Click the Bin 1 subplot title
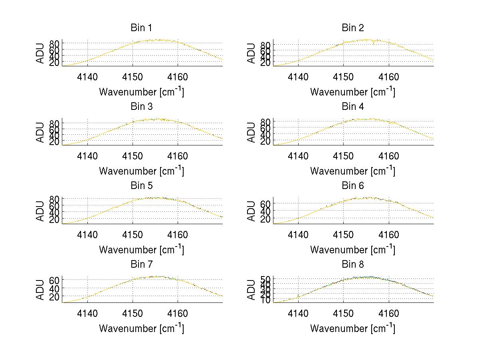141,28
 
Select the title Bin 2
353,28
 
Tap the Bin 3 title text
141,107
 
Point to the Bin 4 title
353,107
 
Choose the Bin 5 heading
141,186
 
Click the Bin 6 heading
353,186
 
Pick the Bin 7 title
141,265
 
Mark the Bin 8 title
353,265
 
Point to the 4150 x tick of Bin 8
343,313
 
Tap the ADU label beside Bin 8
251,290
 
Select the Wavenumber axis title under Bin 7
141,328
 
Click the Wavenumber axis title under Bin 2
353,91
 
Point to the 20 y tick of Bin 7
55,296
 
